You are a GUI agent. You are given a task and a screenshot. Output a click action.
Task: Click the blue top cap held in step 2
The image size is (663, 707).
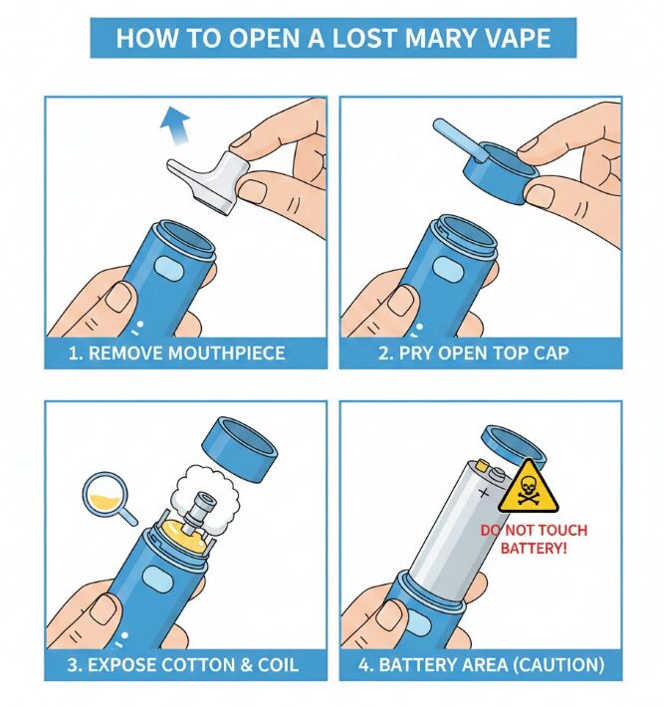(x=491, y=164)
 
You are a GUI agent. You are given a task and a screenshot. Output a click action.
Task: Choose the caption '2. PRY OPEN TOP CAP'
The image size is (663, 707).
(x=480, y=353)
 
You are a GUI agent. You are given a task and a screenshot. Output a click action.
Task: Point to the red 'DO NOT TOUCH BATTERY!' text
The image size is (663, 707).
(x=535, y=539)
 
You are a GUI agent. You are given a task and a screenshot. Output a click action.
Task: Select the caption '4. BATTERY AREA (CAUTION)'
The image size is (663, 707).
(x=480, y=664)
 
